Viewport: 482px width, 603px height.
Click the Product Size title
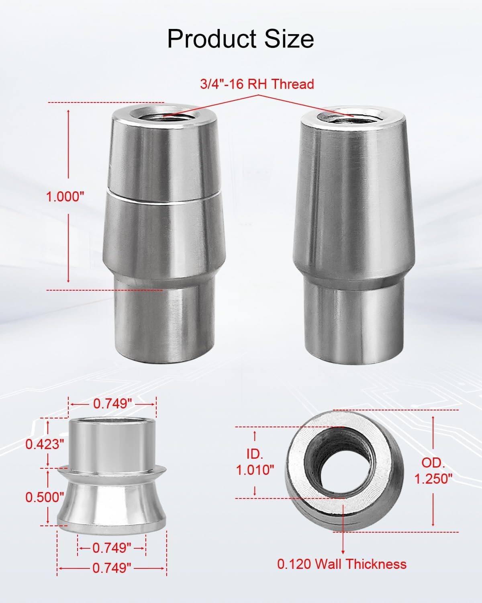240,39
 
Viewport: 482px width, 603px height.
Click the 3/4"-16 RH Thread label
257,84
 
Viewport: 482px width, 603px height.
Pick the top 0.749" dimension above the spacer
113,404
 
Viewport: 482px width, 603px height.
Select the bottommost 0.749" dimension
112,568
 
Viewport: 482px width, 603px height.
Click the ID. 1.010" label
255,462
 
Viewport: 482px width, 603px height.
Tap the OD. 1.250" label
433,471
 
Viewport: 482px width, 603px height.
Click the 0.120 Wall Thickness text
342,564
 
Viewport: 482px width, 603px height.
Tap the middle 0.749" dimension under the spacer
112,548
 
